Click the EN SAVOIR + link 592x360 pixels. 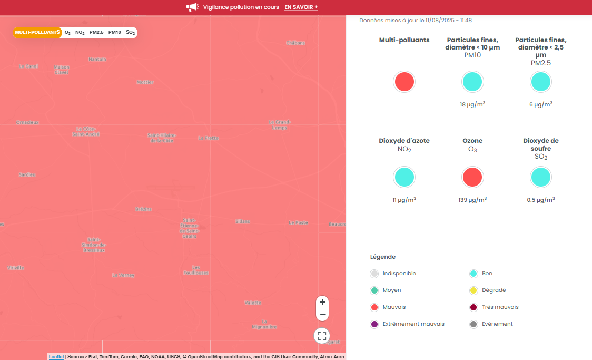pos(301,7)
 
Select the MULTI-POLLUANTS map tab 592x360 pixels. pos(37,33)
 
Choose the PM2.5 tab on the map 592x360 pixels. pos(96,33)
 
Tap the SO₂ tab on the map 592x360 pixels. pos(131,33)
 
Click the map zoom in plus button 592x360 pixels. pos(323,302)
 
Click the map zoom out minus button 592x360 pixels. pos(323,315)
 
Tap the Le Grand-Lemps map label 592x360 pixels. pos(279,125)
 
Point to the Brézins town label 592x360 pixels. pos(143,209)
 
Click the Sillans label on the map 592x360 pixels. pos(243,221)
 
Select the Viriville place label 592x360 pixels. pos(16,268)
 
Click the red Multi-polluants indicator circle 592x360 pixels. pos(404,82)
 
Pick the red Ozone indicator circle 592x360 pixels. pos(472,177)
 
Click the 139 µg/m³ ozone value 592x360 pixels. pos(472,200)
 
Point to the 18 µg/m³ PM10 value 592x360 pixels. pos(472,105)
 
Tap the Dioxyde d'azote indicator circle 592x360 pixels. pos(404,177)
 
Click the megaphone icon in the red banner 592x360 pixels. pos(192,7)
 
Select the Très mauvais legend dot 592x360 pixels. pos(473,307)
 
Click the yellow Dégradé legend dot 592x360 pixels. pos(473,290)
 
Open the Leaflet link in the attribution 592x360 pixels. pos(56,357)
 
